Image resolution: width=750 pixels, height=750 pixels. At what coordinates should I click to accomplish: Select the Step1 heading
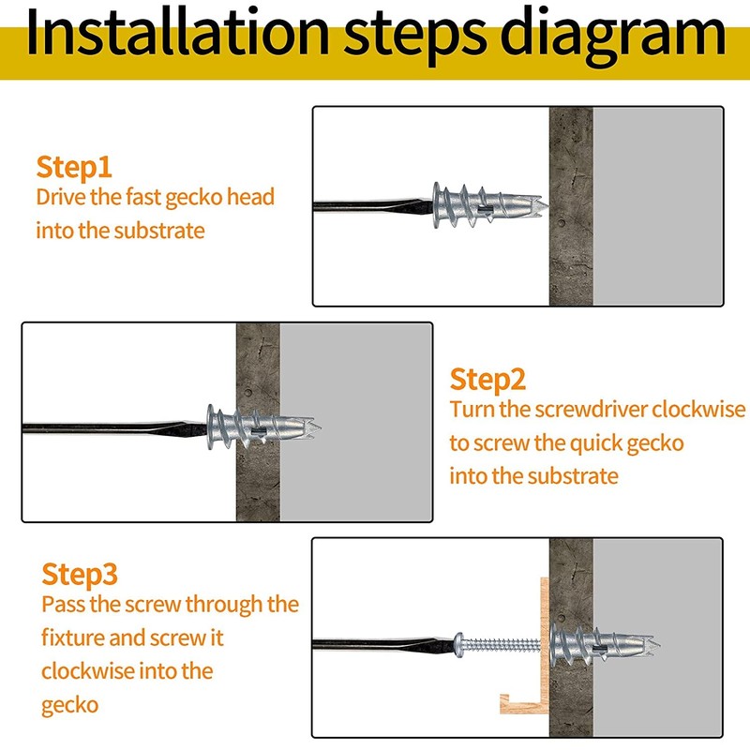[x=74, y=168]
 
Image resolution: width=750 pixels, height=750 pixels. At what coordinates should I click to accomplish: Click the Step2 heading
[x=487, y=381]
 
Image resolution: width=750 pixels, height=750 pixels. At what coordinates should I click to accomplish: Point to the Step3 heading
[x=80, y=575]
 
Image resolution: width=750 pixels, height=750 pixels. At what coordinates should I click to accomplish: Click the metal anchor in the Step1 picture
[x=488, y=204]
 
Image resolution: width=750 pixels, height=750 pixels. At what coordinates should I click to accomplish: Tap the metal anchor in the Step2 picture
[x=263, y=427]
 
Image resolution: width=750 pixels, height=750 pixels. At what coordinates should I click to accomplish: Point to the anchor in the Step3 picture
[x=605, y=644]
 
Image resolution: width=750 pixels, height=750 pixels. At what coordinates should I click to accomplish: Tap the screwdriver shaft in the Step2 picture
[x=114, y=427]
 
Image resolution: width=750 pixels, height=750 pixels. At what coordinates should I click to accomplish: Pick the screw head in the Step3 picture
[x=458, y=645]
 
